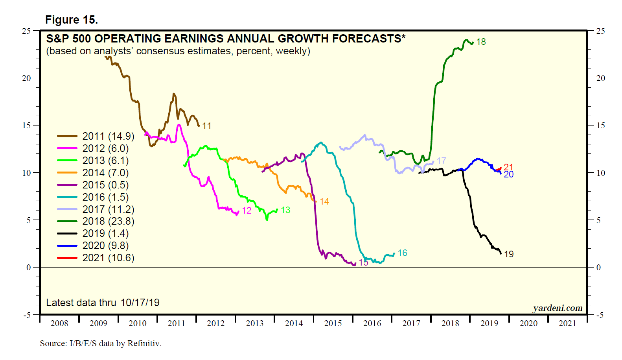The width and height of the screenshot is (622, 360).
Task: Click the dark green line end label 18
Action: (481, 42)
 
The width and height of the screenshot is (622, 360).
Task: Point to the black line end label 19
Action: (509, 254)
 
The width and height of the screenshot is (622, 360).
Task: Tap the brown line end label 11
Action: (207, 126)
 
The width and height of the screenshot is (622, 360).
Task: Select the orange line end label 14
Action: (324, 202)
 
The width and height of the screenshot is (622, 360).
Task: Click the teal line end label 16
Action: (402, 253)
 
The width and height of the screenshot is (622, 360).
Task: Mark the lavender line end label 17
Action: (441, 161)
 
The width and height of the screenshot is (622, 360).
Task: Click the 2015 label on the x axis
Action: (333, 323)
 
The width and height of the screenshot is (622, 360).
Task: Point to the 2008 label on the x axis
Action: (59, 323)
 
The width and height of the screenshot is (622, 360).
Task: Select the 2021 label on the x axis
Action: (567, 323)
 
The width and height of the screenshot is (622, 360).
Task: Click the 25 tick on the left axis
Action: (26, 31)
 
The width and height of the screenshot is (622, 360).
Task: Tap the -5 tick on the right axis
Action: (599, 315)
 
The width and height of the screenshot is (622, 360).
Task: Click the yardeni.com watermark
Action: (558, 308)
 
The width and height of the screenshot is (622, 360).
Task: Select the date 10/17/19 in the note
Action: (140, 303)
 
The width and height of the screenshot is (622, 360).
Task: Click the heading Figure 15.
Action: (72, 20)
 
